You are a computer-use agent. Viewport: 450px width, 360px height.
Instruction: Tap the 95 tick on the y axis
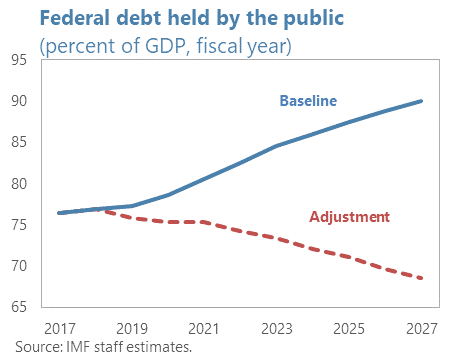(x=19, y=60)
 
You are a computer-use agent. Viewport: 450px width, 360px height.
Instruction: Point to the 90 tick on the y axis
(x=19, y=101)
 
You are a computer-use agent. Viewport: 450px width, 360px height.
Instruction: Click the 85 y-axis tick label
(x=19, y=142)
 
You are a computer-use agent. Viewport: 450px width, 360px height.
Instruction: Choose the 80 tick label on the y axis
(x=19, y=183)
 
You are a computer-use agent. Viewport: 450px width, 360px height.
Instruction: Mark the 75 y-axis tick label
(x=19, y=224)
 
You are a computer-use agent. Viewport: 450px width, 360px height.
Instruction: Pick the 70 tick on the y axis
(x=19, y=265)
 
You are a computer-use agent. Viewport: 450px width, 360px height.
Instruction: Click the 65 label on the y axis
(x=19, y=306)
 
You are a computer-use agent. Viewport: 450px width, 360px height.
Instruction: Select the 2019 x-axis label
(x=132, y=327)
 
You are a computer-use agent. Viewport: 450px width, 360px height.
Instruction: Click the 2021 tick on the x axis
(x=205, y=327)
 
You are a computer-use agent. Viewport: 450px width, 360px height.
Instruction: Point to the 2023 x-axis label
(x=277, y=327)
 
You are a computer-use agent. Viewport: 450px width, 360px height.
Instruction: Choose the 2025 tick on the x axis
(x=350, y=327)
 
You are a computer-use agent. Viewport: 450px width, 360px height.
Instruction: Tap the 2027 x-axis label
(x=422, y=327)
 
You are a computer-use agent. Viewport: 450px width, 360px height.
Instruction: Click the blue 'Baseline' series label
(x=307, y=100)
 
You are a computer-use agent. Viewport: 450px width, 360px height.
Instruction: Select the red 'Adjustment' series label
(x=349, y=216)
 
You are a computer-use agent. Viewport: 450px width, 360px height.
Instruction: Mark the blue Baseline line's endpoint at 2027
(x=422, y=101)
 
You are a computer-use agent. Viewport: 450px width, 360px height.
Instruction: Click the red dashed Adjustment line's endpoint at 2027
(x=422, y=278)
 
